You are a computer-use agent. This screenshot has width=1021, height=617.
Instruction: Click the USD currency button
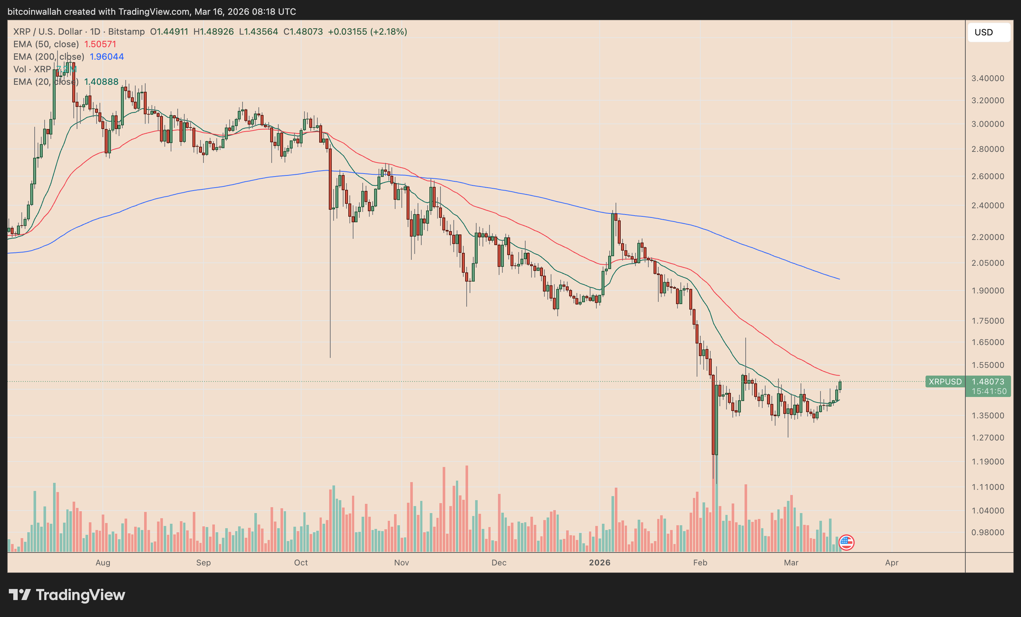click(988, 32)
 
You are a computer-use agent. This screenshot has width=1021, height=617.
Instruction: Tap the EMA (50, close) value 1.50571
click(100, 44)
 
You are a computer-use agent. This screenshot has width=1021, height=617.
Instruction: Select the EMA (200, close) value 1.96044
click(107, 57)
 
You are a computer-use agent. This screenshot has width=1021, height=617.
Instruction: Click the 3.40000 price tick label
click(988, 78)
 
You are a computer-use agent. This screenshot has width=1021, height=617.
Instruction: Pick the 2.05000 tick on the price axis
click(988, 263)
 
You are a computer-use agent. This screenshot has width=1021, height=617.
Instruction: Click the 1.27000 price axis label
click(988, 438)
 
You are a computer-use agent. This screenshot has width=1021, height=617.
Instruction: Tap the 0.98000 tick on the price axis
click(988, 533)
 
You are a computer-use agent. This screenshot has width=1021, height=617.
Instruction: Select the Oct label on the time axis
click(301, 563)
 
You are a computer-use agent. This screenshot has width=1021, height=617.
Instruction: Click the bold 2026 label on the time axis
click(600, 563)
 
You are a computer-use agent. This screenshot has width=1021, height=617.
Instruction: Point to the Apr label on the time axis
click(892, 563)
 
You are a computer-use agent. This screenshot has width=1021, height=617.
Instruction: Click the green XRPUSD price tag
click(945, 381)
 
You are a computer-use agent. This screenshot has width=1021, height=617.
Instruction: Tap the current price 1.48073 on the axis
click(988, 381)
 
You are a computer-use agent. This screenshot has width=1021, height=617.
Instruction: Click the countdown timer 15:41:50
click(989, 391)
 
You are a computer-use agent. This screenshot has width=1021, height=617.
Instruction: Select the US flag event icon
click(846, 542)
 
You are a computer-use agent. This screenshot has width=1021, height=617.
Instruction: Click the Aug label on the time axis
click(103, 563)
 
